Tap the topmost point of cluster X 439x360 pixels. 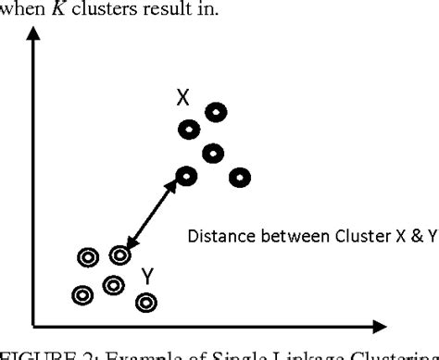pyautogui.click(x=215, y=112)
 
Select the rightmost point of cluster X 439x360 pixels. pyautogui.click(x=241, y=175)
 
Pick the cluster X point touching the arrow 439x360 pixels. pyautogui.click(x=186, y=174)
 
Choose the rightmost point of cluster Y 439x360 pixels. pyautogui.click(x=145, y=302)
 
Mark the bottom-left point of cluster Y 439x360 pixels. pyautogui.click(x=82, y=295)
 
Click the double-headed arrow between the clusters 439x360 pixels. pyautogui.click(x=153, y=215)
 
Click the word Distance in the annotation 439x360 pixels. pyautogui.click(x=218, y=236)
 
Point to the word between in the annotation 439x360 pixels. pyautogui.click(x=287, y=236)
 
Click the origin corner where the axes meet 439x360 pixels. pyautogui.click(x=34, y=325)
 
